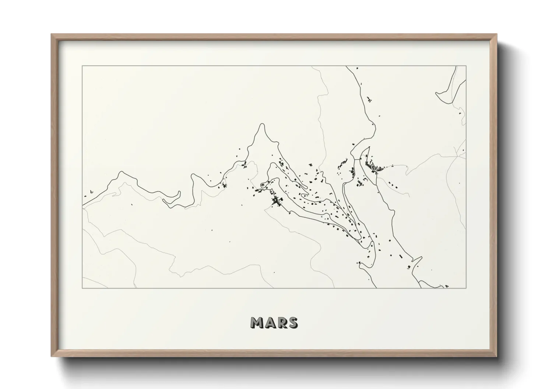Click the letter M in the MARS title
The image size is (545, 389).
257,323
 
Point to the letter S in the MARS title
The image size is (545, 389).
293,323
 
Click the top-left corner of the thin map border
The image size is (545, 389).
82,66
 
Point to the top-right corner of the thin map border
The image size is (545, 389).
466,66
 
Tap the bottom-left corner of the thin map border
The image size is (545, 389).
82,288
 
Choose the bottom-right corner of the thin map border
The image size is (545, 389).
466,288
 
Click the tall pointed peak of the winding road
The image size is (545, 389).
261,125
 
